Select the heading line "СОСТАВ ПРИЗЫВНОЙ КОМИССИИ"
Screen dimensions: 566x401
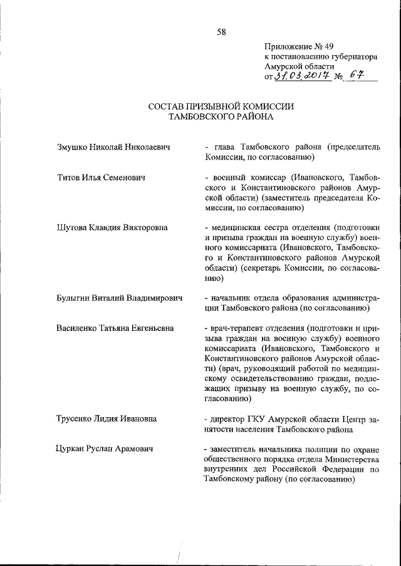221,106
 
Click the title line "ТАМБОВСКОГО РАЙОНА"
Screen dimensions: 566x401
221,116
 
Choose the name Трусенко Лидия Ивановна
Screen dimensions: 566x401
106,418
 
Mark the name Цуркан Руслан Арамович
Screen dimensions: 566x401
104,448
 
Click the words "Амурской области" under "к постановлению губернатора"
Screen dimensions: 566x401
299,66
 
